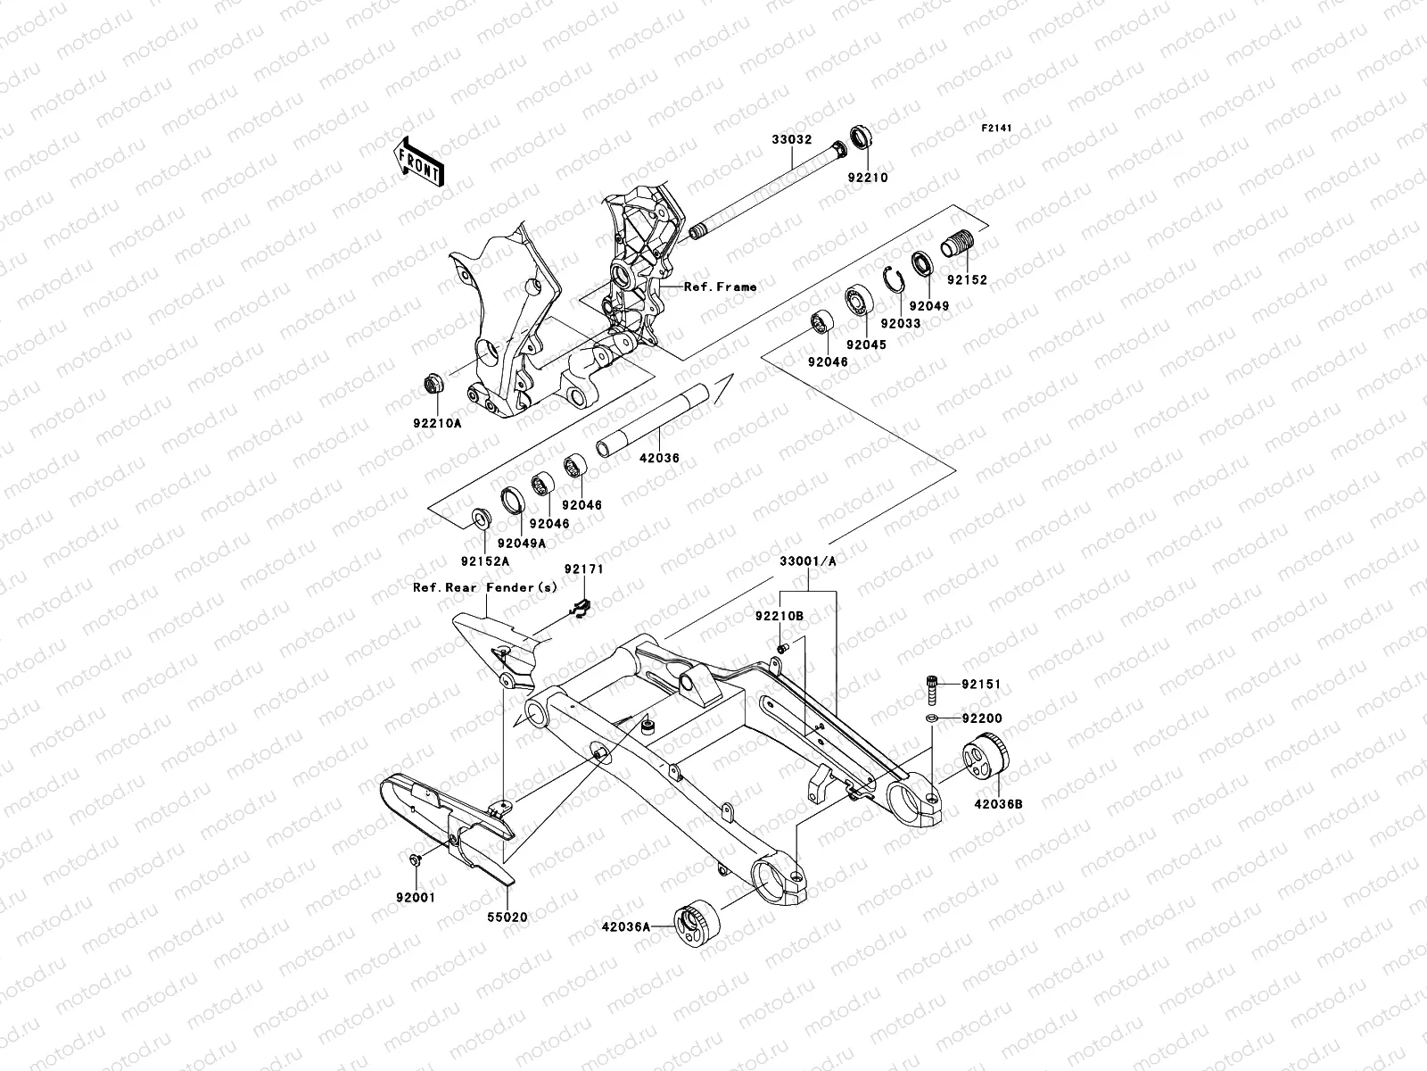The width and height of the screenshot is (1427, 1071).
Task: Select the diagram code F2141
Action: [998, 129]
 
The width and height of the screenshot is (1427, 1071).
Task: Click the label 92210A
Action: [437, 423]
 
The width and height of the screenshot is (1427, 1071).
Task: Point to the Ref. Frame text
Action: [720, 287]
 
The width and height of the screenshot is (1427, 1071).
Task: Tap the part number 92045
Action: [865, 345]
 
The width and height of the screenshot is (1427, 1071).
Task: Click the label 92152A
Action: [485, 561]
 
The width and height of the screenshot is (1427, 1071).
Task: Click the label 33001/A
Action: [808, 562]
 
